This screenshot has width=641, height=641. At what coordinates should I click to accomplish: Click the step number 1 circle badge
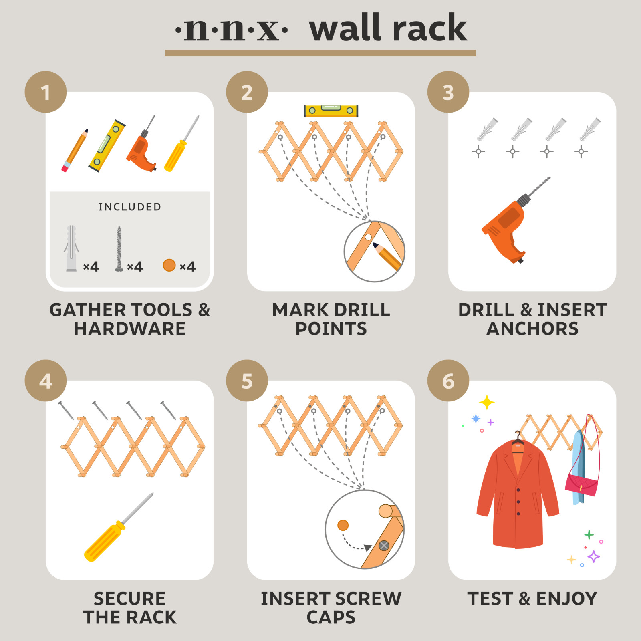pos(46,92)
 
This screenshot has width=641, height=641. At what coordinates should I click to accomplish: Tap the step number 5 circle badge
pos(247,381)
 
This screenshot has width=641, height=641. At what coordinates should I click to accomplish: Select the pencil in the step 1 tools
pos(75,151)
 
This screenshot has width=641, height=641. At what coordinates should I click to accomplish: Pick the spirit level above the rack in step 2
pos(331,111)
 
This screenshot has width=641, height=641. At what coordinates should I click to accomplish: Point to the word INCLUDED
pos(130,207)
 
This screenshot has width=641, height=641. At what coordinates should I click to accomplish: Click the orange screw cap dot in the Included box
pos(169,265)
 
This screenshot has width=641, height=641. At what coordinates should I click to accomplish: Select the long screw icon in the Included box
pos(119,248)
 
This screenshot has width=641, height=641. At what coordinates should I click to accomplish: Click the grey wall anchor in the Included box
pos(71,248)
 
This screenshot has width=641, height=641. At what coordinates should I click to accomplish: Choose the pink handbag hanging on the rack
pos(582,485)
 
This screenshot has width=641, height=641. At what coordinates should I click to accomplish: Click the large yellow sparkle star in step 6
pos(487,402)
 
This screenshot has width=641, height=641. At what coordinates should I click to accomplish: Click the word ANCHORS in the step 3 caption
pos(532,329)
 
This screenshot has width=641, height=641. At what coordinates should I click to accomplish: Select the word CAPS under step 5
pos(331,617)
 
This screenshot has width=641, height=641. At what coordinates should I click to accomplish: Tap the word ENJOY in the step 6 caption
pos(566,599)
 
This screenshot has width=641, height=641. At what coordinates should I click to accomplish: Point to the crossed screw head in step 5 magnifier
pos(384,546)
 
